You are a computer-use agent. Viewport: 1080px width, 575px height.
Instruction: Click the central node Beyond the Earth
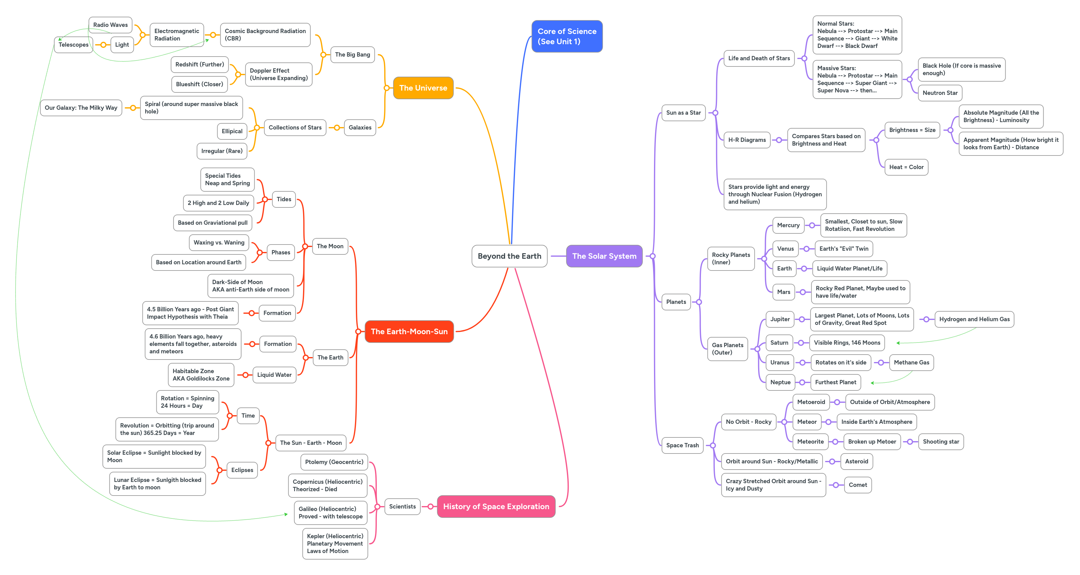click(509, 256)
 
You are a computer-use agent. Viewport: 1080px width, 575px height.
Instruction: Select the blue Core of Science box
click(567, 36)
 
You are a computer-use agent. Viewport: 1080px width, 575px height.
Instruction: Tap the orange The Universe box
click(423, 88)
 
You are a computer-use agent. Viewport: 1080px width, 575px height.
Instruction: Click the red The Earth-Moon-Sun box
click(409, 332)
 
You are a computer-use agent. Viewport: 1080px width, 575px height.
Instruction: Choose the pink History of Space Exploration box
click(496, 507)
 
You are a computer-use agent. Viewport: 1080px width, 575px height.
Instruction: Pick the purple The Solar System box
click(604, 256)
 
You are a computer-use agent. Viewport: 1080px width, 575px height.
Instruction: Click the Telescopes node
click(74, 45)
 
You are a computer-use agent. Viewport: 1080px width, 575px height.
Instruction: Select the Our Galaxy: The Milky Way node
click(81, 108)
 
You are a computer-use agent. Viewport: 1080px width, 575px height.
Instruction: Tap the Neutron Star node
click(940, 93)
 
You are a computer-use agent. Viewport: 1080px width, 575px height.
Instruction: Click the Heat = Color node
click(906, 167)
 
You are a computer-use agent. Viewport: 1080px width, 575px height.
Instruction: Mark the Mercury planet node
click(788, 225)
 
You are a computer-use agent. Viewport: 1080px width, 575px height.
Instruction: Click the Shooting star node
click(941, 442)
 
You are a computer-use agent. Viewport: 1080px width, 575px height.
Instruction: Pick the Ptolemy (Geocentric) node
click(334, 462)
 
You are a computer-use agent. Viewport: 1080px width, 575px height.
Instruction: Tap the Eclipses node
click(242, 470)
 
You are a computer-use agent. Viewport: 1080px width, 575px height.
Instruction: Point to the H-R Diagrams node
click(747, 140)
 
